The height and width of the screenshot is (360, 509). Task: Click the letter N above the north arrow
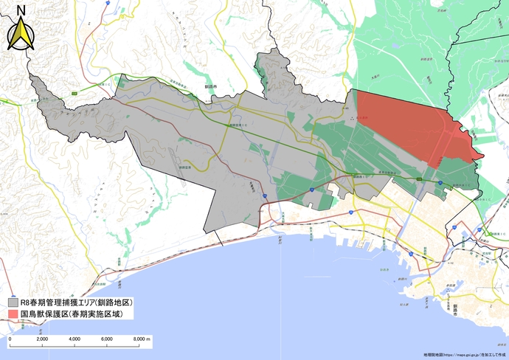click(x=21, y=10)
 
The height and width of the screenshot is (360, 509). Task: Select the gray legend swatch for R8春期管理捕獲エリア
click(x=13, y=302)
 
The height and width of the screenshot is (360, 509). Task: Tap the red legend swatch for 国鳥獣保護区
click(x=13, y=315)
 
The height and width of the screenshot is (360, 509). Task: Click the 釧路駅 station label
click(x=398, y=221)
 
